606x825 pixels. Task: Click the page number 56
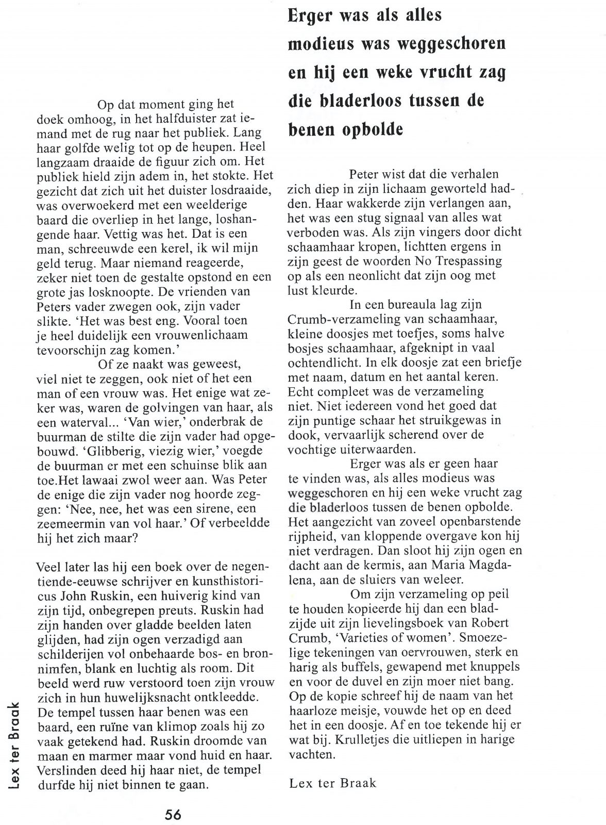pos(173,815)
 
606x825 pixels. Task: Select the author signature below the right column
pos(332,783)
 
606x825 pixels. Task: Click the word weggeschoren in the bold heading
pos(452,44)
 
